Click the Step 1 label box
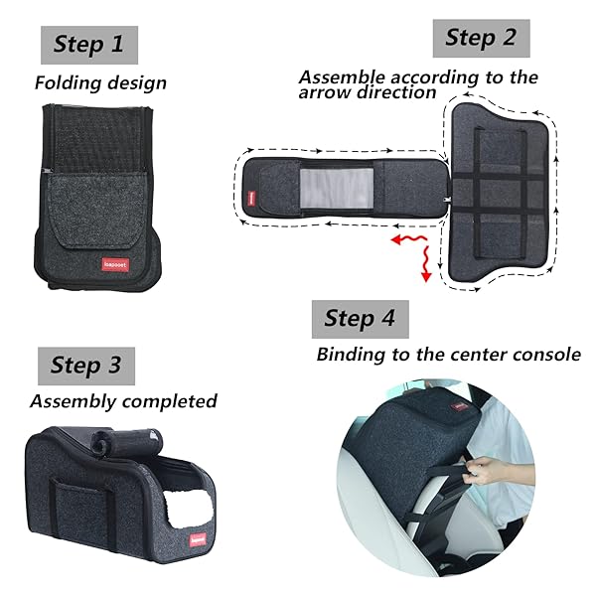pos(89,45)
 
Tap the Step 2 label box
pos(481,38)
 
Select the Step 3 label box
pos(86,366)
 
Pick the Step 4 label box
pos(361,319)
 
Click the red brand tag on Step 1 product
pos(115,264)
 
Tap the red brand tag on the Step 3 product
pos(198,539)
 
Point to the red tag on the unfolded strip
pos(251,199)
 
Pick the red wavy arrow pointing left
pos(408,239)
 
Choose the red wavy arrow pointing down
pos(426,263)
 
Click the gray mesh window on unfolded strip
pos(337,188)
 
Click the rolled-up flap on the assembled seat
pos(128,443)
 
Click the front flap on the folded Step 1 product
pos(97,211)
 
